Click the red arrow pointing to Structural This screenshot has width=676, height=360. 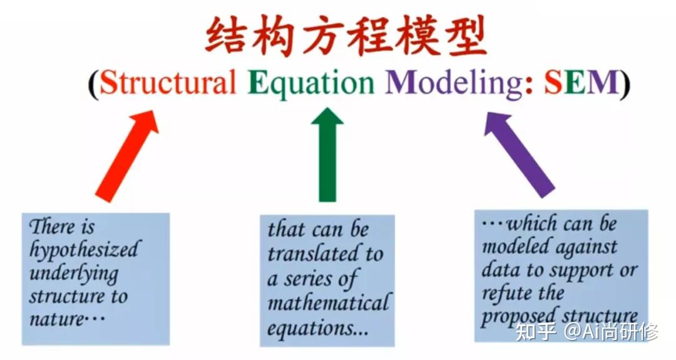126,155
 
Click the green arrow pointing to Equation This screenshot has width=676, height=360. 327,155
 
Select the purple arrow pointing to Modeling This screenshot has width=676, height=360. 520,155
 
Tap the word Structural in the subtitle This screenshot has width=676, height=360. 168,83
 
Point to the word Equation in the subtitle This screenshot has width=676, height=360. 311,83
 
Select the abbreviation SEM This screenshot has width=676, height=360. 581,83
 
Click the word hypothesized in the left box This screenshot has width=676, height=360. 84,250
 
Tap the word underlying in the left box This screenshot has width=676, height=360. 74,274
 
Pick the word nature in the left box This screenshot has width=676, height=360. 56,319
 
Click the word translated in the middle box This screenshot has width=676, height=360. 310,253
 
